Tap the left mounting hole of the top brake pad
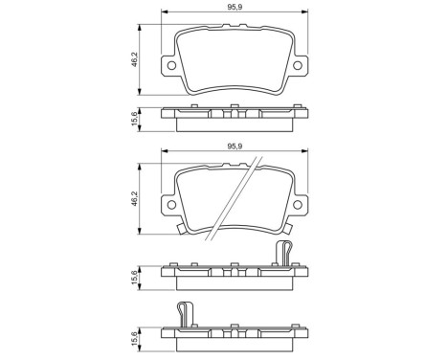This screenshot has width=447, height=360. pos(171,66)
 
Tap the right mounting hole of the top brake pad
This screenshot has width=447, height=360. pos(295,66)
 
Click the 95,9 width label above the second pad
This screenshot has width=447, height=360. pos(234,146)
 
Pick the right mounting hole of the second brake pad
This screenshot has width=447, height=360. pos(295,204)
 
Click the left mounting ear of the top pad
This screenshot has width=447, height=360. pos(169,66)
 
